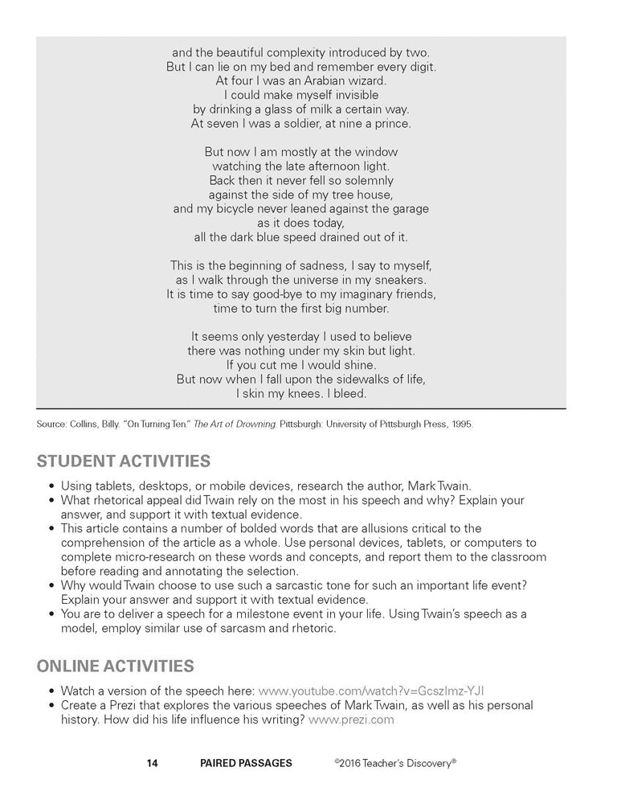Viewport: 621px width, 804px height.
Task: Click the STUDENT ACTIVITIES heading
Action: click(124, 461)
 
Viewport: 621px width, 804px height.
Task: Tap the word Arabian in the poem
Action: click(317, 80)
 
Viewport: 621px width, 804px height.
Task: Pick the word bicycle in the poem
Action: click(243, 209)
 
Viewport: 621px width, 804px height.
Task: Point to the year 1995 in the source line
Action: click(460, 424)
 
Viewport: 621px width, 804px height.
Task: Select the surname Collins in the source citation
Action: click(83, 424)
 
